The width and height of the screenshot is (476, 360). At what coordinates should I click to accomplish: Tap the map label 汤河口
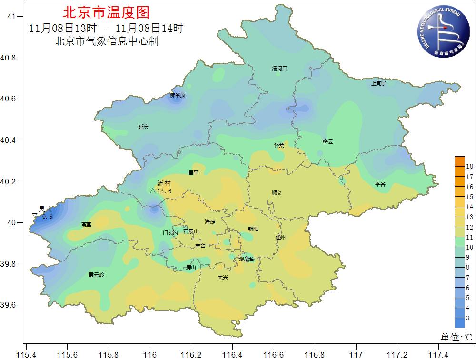click(x=279, y=69)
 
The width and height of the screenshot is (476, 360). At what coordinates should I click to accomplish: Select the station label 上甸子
click(x=379, y=83)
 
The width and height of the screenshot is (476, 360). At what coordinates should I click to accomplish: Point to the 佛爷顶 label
click(x=177, y=96)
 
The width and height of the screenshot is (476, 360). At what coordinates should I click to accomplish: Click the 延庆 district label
click(x=143, y=127)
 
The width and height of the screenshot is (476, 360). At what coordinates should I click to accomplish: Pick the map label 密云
click(x=327, y=141)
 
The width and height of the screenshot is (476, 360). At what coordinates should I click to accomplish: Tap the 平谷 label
click(x=380, y=184)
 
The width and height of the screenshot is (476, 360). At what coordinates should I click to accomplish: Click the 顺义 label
click(x=277, y=193)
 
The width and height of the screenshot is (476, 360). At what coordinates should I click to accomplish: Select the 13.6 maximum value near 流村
click(x=164, y=191)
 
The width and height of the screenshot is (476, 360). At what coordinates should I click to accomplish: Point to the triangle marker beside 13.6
click(x=153, y=191)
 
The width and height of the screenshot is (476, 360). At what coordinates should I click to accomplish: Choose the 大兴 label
click(x=223, y=277)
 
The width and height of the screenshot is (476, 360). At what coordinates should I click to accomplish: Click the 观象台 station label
click(x=247, y=259)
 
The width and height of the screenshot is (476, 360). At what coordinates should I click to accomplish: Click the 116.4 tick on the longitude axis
click(x=232, y=354)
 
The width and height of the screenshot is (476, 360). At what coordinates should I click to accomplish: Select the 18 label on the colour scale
click(x=469, y=166)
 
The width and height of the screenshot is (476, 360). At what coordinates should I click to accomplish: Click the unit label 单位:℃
click(x=456, y=338)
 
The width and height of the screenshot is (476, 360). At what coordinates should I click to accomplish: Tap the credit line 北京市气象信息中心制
click(x=106, y=41)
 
